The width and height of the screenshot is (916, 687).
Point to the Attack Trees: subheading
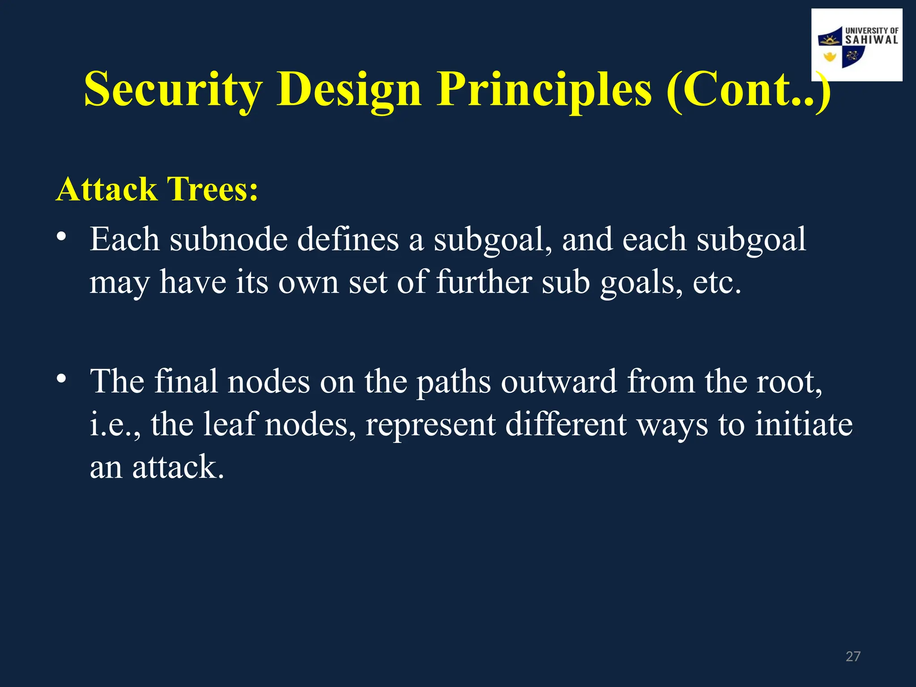coord(157,189)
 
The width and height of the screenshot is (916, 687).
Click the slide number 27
coord(853,656)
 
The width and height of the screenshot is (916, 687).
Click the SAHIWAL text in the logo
coord(871,40)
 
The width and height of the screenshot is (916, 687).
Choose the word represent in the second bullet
coord(430,425)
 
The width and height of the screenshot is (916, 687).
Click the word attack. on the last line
coord(178,467)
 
